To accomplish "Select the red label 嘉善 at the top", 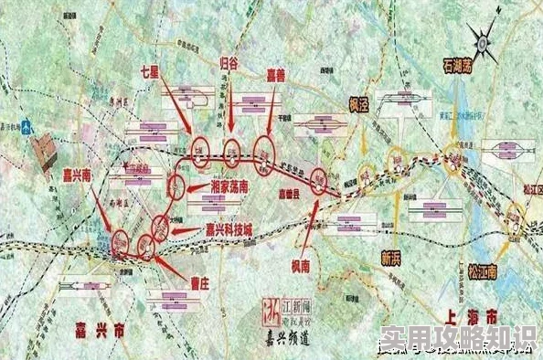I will (273, 75).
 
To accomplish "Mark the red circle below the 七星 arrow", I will (199, 150).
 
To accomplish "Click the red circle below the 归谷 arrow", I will (233, 153).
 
